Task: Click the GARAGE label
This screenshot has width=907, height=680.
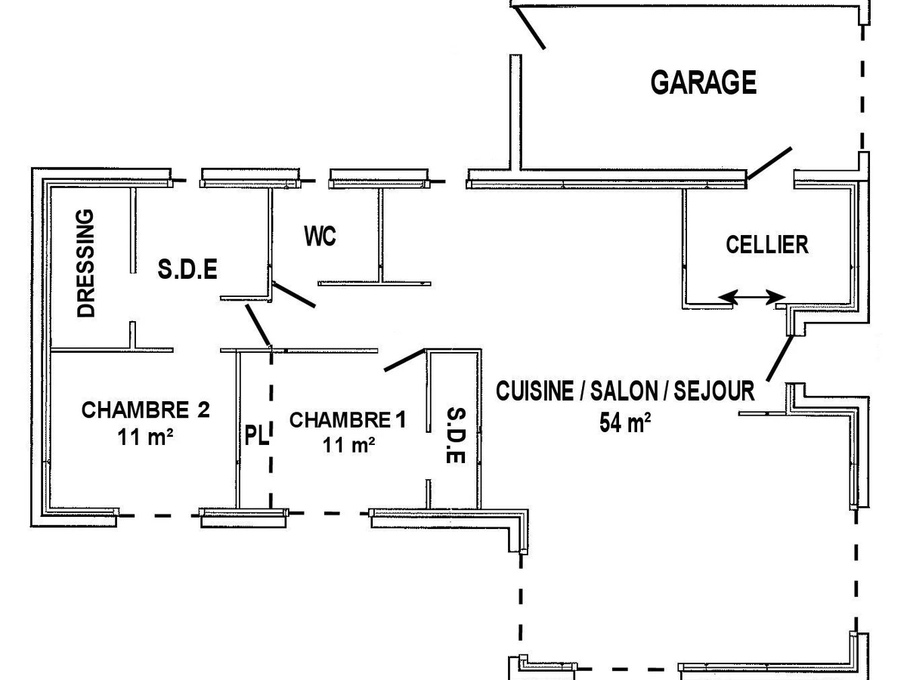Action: (703, 82)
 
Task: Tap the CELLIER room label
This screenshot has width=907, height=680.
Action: (766, 245)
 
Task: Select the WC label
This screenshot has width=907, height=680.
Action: (320, 236)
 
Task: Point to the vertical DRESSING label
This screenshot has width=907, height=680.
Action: (88, 263)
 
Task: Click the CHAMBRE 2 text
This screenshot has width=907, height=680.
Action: (145, 410)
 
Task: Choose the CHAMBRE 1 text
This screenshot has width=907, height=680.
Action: (347, 420)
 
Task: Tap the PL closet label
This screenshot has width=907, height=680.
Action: (256, 436)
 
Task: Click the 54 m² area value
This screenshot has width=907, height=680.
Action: (625, 422)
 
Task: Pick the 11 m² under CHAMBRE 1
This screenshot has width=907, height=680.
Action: (349, 445)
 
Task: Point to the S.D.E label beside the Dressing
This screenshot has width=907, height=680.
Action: (187, 269)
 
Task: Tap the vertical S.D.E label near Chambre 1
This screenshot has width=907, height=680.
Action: (455, 436)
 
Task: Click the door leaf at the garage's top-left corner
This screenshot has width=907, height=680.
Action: (529, 27)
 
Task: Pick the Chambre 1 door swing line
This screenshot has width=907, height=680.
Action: (405, 360)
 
